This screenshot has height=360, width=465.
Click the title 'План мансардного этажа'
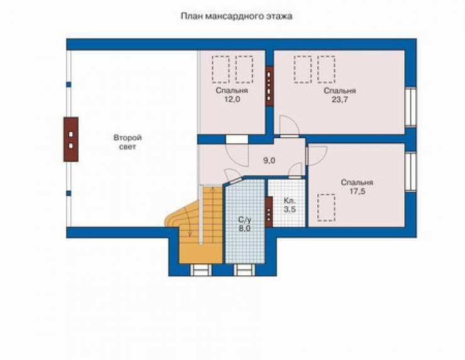pyautogui.click(x=236, y=16)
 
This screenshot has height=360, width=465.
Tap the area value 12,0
pyautogui.click(x=232, y=100)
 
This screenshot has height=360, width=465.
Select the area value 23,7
pyautogui.click(x=340, y=100)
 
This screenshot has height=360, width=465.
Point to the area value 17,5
pyautogui.click(x=357, y=192)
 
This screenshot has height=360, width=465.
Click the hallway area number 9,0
pyautogui.click(x=269, y=161)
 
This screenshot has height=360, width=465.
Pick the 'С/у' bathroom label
pyautogui.click(x=245, y=220)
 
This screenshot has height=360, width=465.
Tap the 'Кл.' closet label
pyautogui.click(x=290, y=200)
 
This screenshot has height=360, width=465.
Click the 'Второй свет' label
pyautogui.click(x=128, y=142)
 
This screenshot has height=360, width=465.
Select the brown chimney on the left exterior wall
pyautogui.click(x=71, y=139)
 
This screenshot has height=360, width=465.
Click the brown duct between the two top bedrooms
pyautogui.click(x=270, y=86)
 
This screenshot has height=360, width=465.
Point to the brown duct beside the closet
pyautogui.click(x=269, y=212)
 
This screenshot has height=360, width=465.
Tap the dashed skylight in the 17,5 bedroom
pyautogui.click(x=326, y=207)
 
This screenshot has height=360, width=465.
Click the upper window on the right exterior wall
pyautogui.click(x=411, y=107)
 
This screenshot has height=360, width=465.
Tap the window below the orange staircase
pyautogui.click(x=201, y=270)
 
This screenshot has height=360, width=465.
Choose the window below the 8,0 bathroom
pyautogui.click(x=244, y=270)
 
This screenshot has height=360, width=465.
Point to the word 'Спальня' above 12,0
pyautogui.click(x=232, y=90)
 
